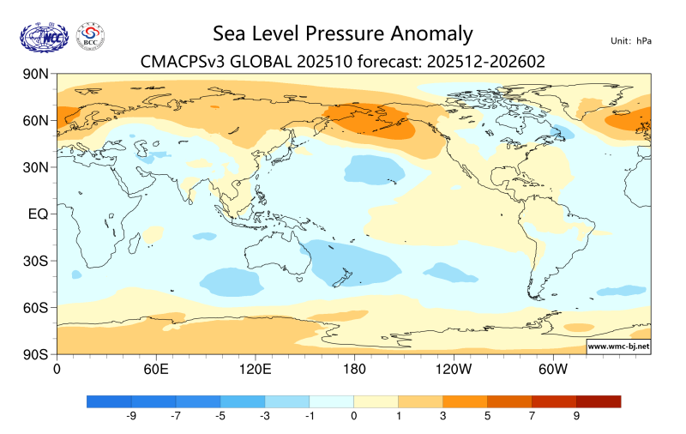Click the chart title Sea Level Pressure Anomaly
point(342,34)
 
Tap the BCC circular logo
point(90,36)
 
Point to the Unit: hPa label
point(630,41)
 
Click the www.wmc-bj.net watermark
point(617,347)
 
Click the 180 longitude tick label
point(354,369)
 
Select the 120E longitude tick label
point(255,369)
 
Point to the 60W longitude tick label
point(553,369)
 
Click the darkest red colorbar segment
point(598,401)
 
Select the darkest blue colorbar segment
point(109,401)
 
